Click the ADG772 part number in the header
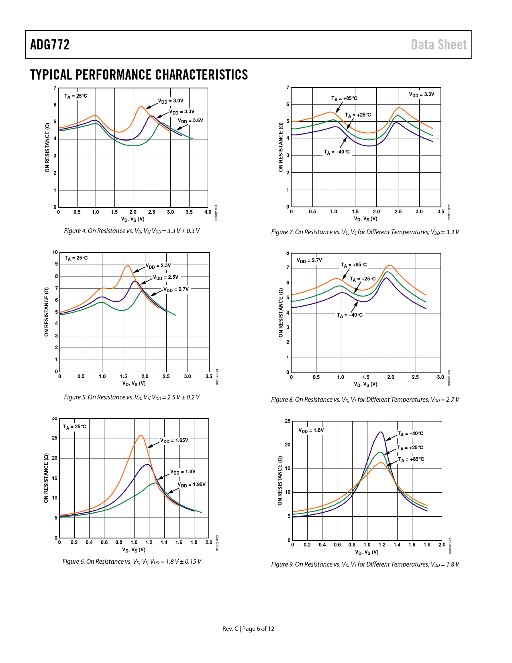[x=50, y=45]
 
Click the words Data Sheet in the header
[x=439, y=45]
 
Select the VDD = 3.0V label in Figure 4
[x=171, y=101]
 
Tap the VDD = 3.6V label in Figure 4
[x=191, y=121]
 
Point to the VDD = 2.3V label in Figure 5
[x=158, y=266]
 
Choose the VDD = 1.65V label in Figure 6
[x=174, y=441]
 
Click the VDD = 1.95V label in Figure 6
[x=192, y=485]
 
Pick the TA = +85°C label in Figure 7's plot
[x=344, y=98]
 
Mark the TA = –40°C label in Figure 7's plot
[x=337, y=152]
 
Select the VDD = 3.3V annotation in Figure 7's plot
[x=422, y=95]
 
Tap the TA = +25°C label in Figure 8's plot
[x=363, y=279]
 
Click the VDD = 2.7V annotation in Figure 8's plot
[x=309, y=261]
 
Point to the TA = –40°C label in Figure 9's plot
[x=410, y=434]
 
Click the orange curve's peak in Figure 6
[x=141, y=435]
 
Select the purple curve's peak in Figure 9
[x=380, y=432]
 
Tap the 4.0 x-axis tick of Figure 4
[x=208, y=212]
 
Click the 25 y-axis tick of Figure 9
[x=288, y=421]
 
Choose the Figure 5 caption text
[x=132, y=397]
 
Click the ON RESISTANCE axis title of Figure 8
[x=281, y=313]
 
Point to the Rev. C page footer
[x=248, y=629]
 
